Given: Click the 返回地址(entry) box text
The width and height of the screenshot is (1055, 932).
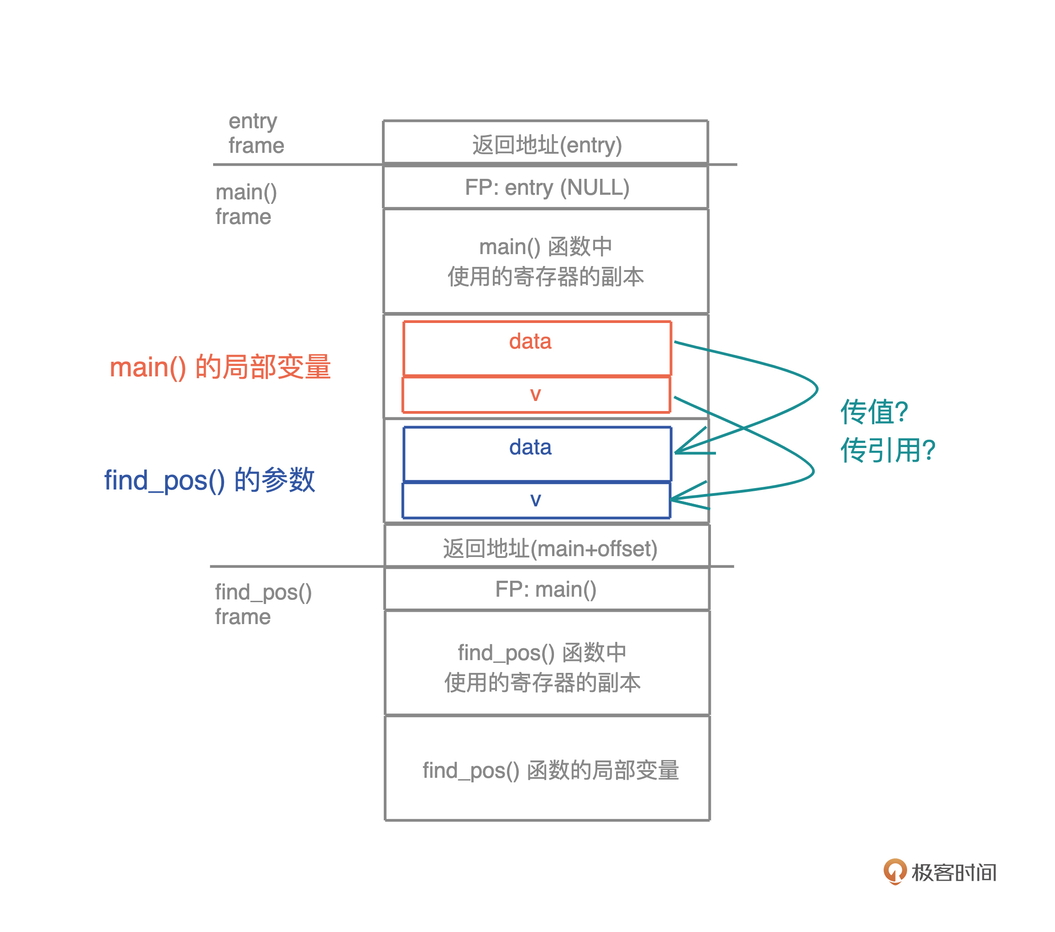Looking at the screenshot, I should click(547, 145).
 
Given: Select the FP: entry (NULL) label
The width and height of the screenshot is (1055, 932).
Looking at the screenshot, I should click(547, 187).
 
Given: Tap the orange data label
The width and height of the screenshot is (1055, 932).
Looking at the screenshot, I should click(530, 341).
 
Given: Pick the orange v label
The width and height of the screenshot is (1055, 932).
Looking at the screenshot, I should click(535, 394).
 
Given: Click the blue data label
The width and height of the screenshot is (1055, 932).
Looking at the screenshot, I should click(530, 447).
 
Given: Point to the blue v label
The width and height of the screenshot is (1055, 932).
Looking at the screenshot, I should click(535, 499).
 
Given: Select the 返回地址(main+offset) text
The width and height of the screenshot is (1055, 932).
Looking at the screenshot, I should click(550, 548).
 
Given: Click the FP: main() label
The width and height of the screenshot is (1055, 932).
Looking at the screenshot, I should click(546, 589).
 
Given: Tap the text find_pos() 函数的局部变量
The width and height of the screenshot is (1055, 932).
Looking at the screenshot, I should click(550, 770).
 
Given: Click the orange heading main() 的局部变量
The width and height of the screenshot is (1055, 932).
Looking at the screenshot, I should click(220, 367).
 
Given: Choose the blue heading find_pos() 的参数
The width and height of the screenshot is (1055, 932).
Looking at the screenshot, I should click(209, 480).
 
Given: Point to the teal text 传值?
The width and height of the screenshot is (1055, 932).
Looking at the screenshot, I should click(874, 412).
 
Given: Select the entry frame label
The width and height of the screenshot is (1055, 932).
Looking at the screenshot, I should click(256, 133).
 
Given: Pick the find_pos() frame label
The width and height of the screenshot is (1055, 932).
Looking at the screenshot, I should click(263, 604).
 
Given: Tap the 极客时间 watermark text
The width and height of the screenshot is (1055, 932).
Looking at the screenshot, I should click(953, 873).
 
